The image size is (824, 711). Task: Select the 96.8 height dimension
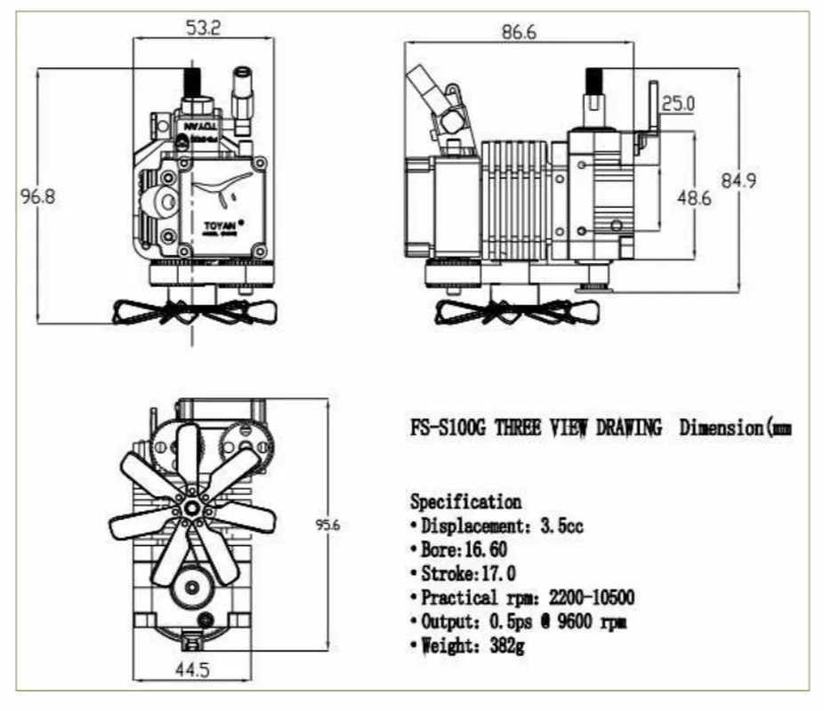(37, 196)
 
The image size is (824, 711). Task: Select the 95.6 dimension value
(328, 525)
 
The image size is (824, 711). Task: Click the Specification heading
(465, 502)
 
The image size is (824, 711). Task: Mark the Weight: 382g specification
(472, 645)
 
